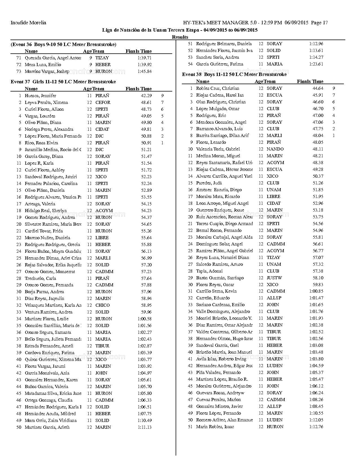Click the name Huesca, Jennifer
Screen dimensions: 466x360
click(40, 96)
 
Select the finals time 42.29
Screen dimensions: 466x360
click(146, 96)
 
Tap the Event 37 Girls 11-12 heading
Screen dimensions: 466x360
click(63, 82)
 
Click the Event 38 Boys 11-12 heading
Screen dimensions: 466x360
click(234, 75)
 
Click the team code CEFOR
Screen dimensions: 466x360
click(103, 103)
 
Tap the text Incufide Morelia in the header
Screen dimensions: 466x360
click(28, 23)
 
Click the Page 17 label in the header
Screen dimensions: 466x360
click(319, 23)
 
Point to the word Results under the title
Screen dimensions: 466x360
click(180, 37)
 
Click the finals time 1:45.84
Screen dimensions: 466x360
click(145, 71)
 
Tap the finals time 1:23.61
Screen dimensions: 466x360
click(316, 64)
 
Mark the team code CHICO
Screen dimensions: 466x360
click(102, 305)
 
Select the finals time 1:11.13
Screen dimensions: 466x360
click(145, 427)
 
